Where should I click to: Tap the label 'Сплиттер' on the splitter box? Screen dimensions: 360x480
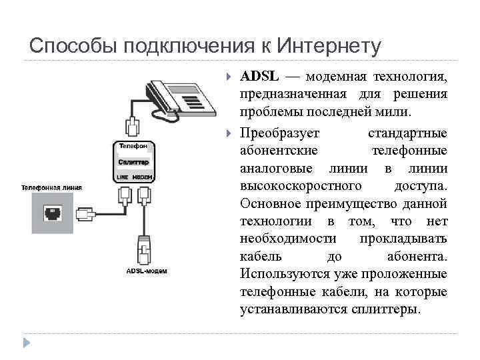(134, 162)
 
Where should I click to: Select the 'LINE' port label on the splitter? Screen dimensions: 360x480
(122, 177)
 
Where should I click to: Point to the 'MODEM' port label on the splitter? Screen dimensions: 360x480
(143, 177)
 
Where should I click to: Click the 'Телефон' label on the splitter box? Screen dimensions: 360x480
(133, 145)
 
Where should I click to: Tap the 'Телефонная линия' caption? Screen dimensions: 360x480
(51, 187)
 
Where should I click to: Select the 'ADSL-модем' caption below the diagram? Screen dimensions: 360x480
(147, 271)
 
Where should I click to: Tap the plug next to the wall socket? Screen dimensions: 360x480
(85, 215)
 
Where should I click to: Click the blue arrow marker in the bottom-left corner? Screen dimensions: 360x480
(27, 343)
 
